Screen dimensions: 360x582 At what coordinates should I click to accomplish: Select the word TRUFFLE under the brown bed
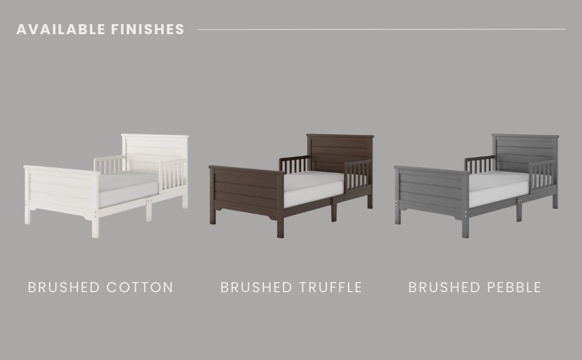330,287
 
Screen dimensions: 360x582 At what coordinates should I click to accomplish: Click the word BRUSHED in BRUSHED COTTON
64,287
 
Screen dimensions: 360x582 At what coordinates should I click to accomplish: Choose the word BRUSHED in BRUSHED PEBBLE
441,287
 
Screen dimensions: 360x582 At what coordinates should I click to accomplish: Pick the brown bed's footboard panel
247,190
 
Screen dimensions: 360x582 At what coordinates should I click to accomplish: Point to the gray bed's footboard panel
432,190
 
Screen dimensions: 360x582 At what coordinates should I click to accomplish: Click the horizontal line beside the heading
381,29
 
